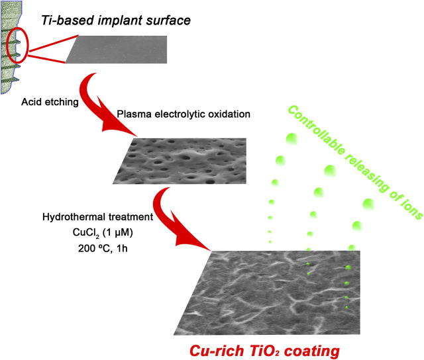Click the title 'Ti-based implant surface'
point(116,21)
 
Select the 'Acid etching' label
point(50,103)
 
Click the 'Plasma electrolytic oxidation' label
point(174,114)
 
